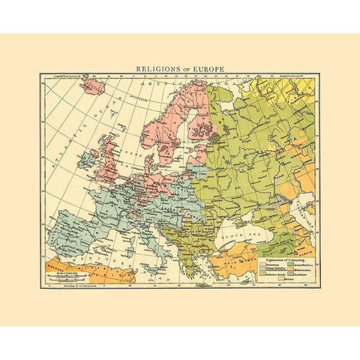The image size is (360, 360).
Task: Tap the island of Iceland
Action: click(94, 86)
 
